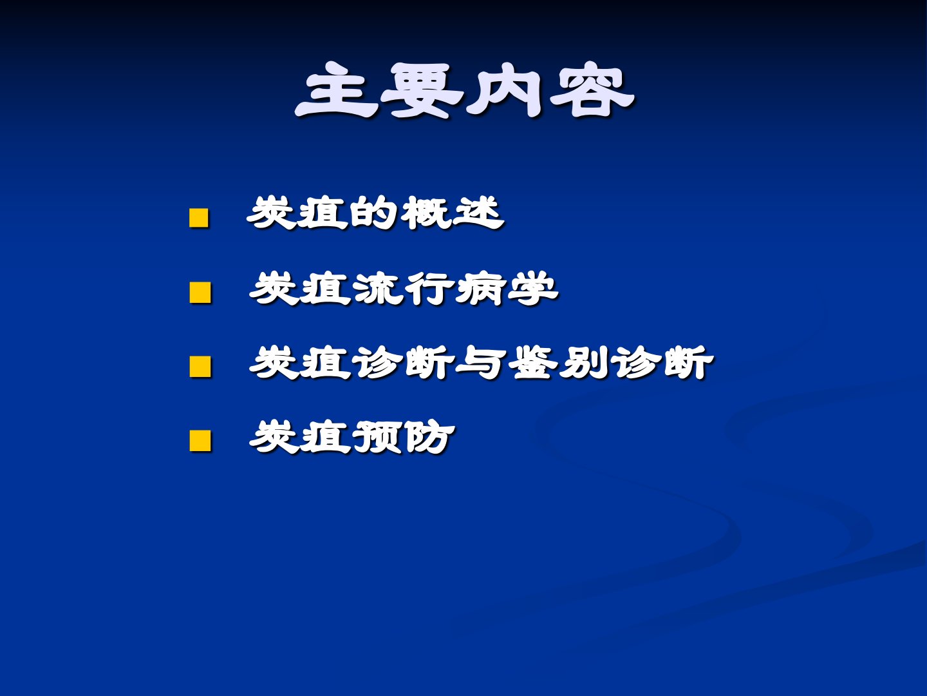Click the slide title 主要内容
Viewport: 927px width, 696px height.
[x=464, y=90]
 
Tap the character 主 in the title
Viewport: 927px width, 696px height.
[x=337, y=90]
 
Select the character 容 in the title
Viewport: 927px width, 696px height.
[x=592, y=90]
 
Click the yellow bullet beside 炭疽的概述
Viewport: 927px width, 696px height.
[x=198, y=218]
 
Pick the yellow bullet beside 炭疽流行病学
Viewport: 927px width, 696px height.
[x=200, y=293]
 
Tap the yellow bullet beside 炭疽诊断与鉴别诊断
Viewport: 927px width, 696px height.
[x=200, y=367]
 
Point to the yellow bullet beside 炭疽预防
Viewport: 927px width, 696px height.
[x=200, y=441]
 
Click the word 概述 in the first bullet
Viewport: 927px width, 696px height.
[x=452, y=213]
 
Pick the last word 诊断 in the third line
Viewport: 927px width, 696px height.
[x=662, y=363]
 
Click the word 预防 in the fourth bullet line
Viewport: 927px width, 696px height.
[x=404, y=437]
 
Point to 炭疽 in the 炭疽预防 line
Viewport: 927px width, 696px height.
[x=300, y=437]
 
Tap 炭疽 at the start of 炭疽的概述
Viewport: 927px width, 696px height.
[x=298, y=213]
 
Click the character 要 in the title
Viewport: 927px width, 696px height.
[x=422, y=90]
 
